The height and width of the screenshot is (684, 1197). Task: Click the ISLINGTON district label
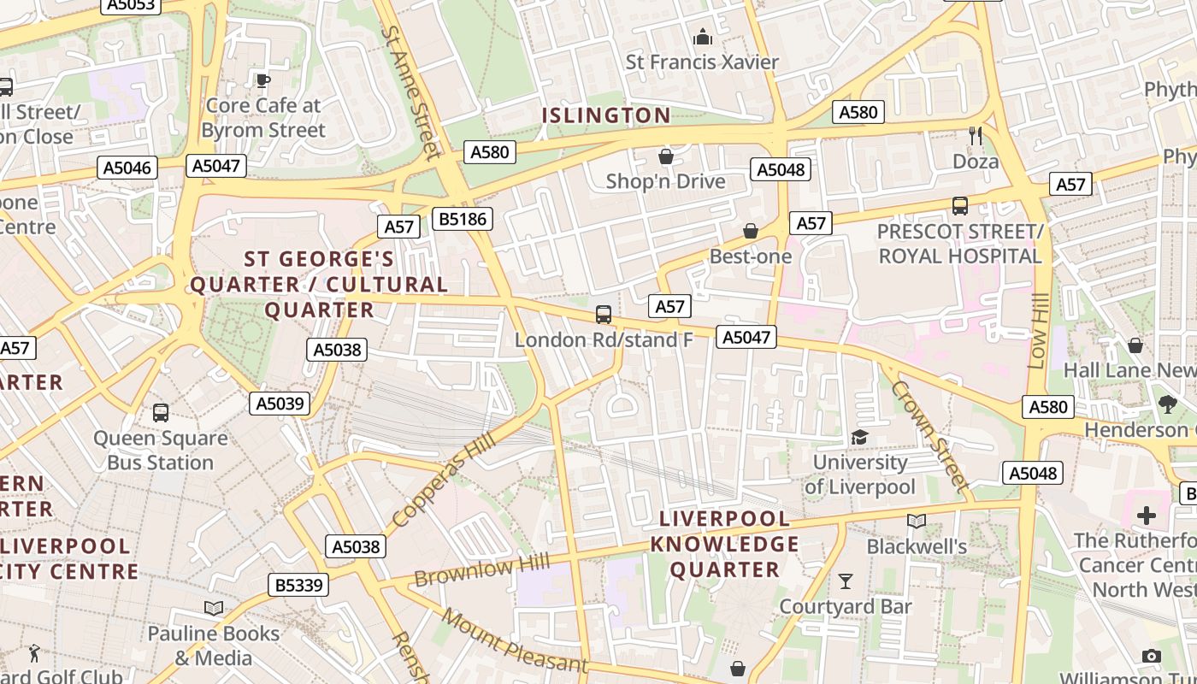pyautogui.click(x=606, y=115)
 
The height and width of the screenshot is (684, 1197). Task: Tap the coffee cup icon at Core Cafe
pyautogui.click(x=263, y=80)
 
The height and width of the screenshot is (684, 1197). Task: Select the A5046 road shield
pyautogui.click(x=127, y=168)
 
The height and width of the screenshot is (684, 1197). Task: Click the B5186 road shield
pyautogui.click(x=463, y=219)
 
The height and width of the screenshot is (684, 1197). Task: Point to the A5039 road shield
pyautogui.click(x=280, y=404)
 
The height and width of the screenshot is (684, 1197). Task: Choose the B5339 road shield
pyautogui.click(x=298, y=585)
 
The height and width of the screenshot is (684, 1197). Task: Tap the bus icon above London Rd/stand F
pyautogui.click(x=604, y=315)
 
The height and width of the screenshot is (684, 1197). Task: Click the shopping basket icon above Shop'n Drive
pyautogui.click(x=665, y=156)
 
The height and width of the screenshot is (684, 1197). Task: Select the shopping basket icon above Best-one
pyautogui.click(x=750, y=231)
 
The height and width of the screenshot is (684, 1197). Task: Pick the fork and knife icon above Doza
pyautogui.click(x=975, y=135)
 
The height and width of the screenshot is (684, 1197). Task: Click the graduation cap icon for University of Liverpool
pyautogui.click(x=859, y=437)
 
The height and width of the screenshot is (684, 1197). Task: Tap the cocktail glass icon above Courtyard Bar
pyautogui.click(x=846, y=581)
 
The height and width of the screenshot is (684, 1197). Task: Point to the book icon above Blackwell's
pyautogui.click(x=916, y=521)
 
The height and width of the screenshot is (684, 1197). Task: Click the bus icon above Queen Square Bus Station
pyautogui.click(x=160, y=413)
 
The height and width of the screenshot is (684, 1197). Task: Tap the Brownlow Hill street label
pyautogui.click(x=482, y=570)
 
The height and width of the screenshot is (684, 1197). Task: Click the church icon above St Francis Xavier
pyautogui.click(x=703, y=37)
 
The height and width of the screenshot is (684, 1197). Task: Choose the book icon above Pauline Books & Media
pyautogui.click(x=214, y=608)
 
